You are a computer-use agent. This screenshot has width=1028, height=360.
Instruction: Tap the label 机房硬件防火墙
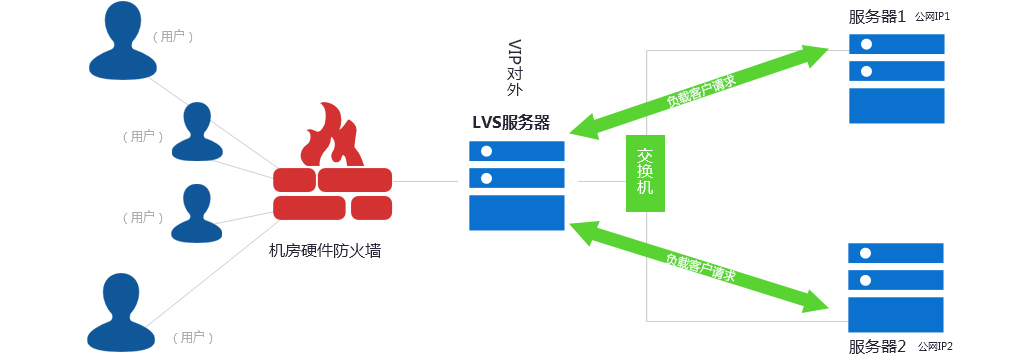tap(325, 251)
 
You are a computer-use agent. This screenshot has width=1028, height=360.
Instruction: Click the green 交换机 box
tap(645, 173)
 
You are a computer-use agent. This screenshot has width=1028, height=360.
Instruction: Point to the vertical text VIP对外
tap(515, 68)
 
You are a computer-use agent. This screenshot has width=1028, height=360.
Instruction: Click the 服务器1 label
tap(877, 17)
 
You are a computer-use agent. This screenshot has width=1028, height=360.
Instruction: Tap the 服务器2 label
tap(877, 347)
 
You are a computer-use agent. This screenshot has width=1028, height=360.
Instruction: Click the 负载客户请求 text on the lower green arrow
tap(701, 267)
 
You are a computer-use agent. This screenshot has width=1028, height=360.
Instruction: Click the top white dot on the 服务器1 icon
tap(867, 45)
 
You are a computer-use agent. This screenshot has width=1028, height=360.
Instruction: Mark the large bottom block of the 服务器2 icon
tap(896, 315)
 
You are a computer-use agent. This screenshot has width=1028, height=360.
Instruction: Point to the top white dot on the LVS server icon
tap(487, 152)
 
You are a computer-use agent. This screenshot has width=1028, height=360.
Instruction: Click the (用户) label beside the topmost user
tap(173, 37)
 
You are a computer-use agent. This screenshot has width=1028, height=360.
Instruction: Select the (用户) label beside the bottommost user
tap(193, 338)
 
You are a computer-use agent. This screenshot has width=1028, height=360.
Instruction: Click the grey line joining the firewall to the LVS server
tap(425, 181)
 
